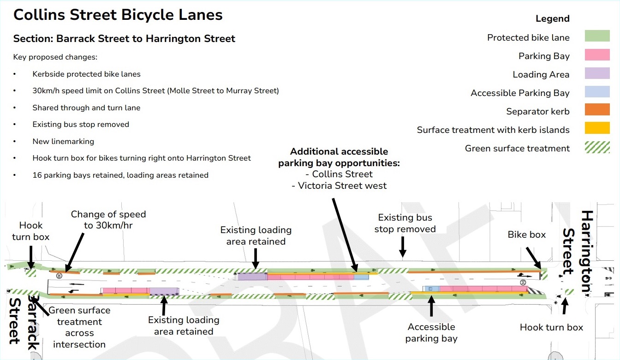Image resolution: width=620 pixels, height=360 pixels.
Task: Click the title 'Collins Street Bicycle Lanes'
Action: [118, 15]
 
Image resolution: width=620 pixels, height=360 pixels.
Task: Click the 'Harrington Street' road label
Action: [578, 252]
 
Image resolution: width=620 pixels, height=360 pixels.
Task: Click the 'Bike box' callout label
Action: [526, 234]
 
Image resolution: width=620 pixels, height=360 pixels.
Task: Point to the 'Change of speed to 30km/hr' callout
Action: [108, 220]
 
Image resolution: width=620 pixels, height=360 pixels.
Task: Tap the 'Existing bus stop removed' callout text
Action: [405, 223]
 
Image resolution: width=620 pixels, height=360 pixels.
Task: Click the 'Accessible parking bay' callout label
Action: [431, 332]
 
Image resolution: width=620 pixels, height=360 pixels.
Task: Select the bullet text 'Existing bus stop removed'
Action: [81, 124]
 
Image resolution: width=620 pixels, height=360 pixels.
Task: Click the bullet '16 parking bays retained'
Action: [120, 175]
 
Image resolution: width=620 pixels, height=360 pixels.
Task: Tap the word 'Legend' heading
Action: [552, 19]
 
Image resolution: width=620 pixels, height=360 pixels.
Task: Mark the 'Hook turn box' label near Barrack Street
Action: [30, 231]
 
